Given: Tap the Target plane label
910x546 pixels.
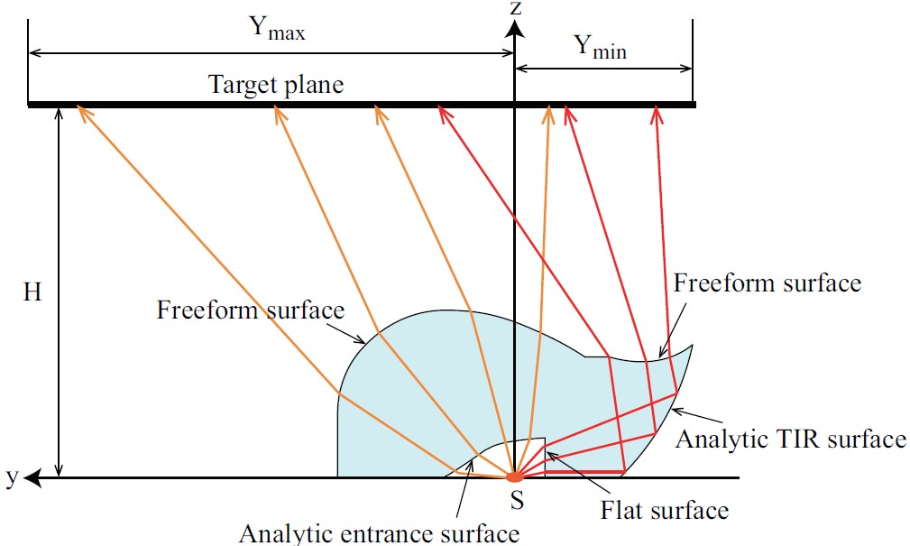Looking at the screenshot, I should tap(276, 86).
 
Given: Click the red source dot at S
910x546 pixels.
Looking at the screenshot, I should tap(513, 476).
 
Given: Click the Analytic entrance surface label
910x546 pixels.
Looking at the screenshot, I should tap(379, 532).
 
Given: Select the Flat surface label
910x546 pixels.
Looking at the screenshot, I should tap(665, 511).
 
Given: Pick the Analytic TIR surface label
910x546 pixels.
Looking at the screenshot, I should tap(791, 440).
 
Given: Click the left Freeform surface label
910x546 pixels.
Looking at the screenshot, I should tap(251, 310).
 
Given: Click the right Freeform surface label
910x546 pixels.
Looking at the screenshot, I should tap(768, 282).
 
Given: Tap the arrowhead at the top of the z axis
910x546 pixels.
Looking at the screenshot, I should tap(514, 29).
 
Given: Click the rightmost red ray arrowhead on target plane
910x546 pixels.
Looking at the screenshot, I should tap(657, 112).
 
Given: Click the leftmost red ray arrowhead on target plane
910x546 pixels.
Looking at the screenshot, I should tap(441, 112).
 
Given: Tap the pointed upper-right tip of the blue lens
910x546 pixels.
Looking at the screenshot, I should tap(693, 346).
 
